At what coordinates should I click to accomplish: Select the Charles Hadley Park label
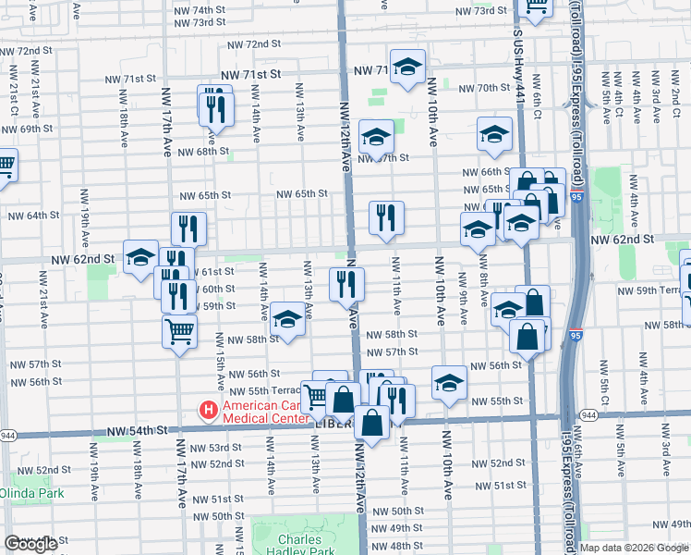[x=300, y=546]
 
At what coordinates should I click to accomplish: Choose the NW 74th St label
[x=200, y=9]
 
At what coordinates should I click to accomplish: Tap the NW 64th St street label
[x=33, y=216]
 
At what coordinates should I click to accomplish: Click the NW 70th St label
[x=479, y=88]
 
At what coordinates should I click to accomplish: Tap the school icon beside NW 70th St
[x=406, y=67]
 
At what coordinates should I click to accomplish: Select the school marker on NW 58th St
[x=288, y=321]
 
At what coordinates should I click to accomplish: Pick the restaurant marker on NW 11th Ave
[x=386, y=217]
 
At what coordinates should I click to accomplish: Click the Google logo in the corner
[x=31, y=544]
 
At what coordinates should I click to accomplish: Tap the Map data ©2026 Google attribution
[x=634, y=548]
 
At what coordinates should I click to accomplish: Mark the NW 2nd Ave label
[x=675, y=93]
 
